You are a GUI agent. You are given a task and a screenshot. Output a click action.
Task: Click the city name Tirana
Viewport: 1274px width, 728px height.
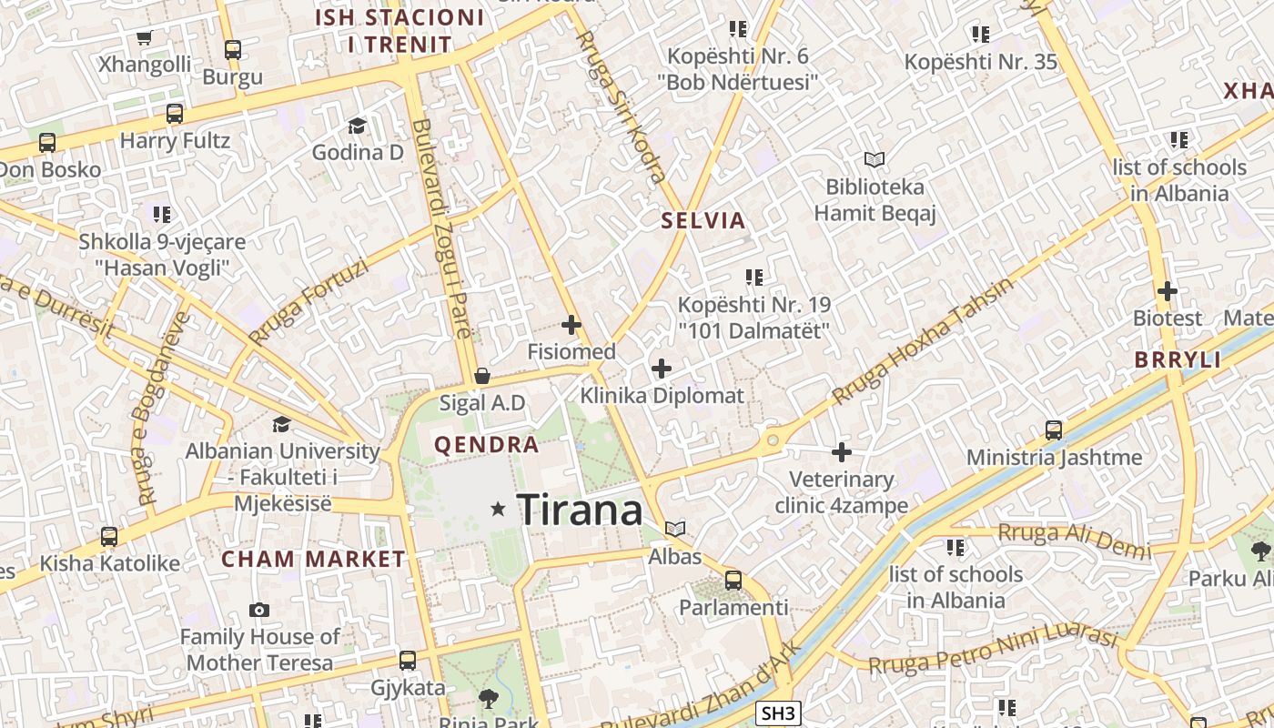click(580, 510)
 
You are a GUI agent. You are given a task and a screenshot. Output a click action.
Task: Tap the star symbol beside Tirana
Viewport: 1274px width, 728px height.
click(497, 509)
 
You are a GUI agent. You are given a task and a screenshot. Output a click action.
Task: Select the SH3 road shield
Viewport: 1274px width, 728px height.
click(778, 714)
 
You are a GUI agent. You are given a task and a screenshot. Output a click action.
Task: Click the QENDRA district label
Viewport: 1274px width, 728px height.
click(487, 445)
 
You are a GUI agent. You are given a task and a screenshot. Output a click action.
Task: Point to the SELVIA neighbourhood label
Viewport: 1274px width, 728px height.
click(703, 220)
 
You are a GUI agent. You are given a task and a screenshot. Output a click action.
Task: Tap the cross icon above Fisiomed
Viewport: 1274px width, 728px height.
click(571, 324)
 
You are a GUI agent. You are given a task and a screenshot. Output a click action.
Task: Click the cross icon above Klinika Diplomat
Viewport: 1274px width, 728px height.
click(662, 369)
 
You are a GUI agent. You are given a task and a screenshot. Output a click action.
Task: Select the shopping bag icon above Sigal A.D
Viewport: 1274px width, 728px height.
click(482, 376)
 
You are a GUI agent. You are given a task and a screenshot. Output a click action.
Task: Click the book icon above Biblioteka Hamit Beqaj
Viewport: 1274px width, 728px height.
click(875, 160)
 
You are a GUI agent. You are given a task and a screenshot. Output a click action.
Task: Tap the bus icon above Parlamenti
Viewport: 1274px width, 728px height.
click(733, 580)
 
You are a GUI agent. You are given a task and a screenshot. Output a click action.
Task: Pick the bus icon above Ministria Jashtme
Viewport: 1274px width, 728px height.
click(1054, 430)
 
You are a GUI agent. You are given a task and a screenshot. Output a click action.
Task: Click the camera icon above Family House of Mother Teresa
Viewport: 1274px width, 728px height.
click(259, 610)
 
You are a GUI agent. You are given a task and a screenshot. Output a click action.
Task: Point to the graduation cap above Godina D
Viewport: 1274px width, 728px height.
click(357, 126)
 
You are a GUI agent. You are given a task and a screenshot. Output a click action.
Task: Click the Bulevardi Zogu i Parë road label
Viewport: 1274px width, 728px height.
click(441, 227)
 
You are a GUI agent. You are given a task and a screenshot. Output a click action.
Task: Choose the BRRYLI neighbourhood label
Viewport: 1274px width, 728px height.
click(1178, 359)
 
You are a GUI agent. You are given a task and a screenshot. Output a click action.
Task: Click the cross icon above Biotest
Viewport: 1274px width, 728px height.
click(1168, 291)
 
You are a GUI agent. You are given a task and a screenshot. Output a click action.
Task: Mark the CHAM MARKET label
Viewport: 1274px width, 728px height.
click(314, 559)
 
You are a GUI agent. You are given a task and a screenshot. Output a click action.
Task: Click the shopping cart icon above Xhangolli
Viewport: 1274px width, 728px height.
click(144, 37)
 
